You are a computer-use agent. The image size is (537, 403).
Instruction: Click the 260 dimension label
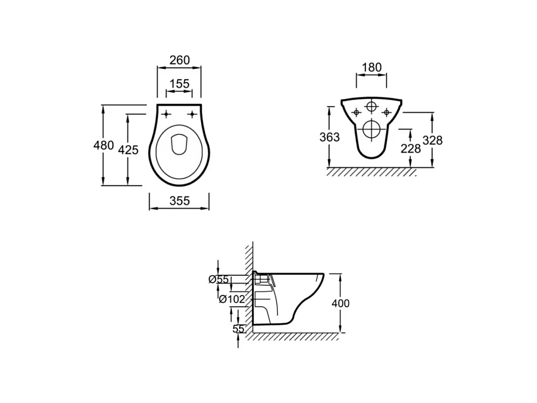point(179,60)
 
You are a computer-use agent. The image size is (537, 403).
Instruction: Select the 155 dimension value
point(179,84)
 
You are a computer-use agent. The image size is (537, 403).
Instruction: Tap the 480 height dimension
point(103,146)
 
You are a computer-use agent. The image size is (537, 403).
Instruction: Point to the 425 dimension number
point(128,149)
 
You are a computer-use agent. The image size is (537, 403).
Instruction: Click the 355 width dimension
point(179,201)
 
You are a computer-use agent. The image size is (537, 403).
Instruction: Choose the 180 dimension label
point(372,68)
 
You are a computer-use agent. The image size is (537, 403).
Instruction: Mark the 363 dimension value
point(330,137)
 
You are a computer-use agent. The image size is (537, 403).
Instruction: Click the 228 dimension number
point(411,148)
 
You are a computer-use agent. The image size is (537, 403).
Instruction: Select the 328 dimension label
point(433,140)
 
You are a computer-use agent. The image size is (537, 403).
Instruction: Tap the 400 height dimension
point(340,303)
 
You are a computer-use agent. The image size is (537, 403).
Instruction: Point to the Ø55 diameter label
point(218,280)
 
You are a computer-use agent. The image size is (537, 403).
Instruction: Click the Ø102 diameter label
point(231,299)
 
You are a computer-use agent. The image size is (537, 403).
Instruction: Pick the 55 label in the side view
point(238,329)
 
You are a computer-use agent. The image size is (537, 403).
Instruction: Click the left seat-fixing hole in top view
point(166,115)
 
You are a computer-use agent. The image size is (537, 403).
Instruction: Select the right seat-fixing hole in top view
point(192,115)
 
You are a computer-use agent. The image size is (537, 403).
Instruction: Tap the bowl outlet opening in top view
point(179,144)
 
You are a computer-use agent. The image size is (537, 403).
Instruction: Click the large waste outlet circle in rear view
point(372,129)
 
